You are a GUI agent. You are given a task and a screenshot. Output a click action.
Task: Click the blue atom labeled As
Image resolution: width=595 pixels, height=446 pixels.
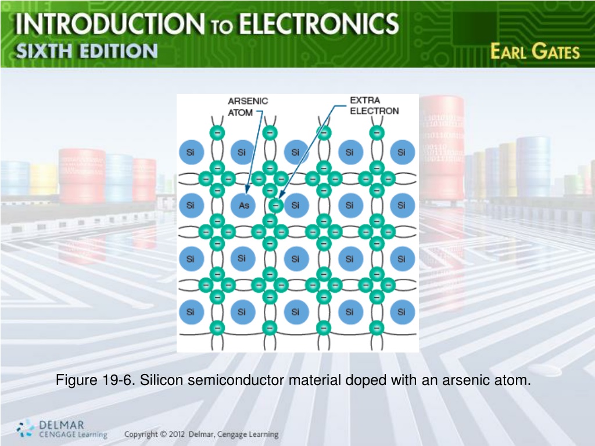tap(243, 205)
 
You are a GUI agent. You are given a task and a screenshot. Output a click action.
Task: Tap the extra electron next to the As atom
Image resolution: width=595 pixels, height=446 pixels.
tap(276, 206)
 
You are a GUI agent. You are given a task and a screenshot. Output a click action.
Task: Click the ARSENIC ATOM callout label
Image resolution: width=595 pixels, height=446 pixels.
tap(248, 107)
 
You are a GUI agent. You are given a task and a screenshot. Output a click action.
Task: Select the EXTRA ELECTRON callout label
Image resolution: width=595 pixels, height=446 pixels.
tap(374, 106)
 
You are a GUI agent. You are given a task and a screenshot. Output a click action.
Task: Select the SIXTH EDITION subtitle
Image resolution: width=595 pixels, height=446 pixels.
tap(87, 51)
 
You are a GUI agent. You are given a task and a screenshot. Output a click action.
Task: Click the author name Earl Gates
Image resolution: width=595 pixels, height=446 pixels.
tap(535, 51)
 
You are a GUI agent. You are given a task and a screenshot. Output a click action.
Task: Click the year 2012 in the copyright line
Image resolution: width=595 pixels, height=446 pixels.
tap(177, 434)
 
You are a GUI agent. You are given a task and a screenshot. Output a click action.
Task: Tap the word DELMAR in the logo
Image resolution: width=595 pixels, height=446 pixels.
tap(62, 425)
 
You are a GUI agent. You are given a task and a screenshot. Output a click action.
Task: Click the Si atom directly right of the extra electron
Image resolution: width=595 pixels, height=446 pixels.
tap(296, 205)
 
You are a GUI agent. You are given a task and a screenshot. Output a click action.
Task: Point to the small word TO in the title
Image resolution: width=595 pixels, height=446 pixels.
tap(221, 27)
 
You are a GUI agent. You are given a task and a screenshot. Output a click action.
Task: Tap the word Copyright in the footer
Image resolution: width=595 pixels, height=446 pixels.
tap(141, 434)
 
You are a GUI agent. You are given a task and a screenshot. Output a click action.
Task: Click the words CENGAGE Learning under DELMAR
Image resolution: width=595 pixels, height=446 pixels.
tap(73, 434)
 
